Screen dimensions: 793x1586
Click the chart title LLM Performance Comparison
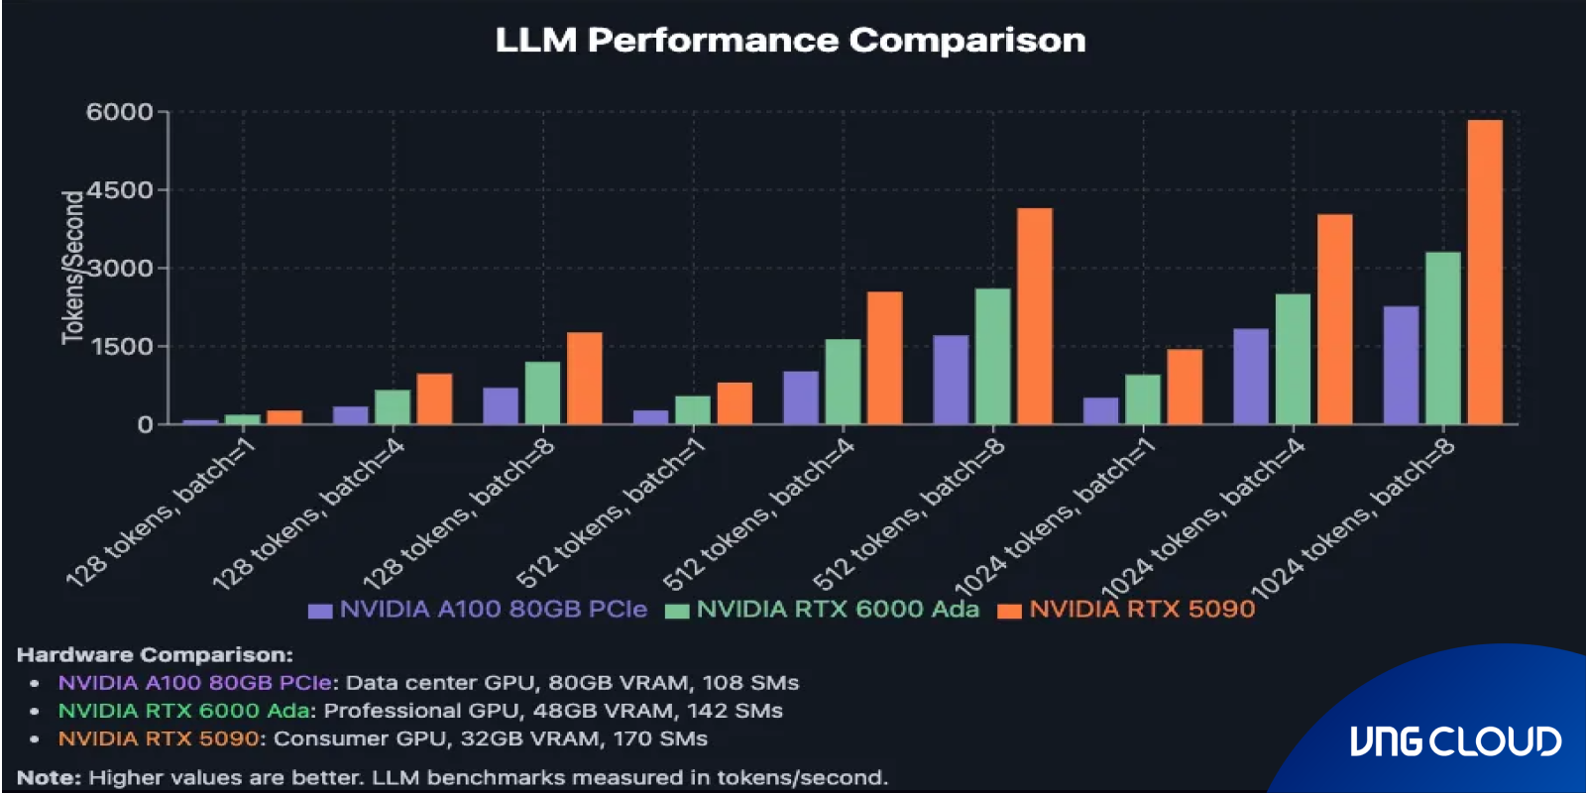790,41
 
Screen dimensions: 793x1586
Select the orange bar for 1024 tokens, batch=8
1484,272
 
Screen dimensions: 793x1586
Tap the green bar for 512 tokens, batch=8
992,356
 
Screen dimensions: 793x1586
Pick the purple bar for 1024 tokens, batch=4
1250,376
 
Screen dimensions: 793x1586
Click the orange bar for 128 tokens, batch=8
584,378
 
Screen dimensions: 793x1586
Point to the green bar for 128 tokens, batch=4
393,406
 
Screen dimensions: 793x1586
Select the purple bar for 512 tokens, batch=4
801,397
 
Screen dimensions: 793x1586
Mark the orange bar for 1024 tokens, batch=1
1184,387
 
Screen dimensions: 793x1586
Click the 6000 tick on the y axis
119,112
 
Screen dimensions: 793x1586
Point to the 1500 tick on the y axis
119,347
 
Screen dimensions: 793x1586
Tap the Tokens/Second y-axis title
73,268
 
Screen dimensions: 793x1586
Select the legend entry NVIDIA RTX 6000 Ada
838,610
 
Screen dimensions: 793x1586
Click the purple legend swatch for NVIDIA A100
319,611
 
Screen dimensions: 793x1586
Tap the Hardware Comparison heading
155,655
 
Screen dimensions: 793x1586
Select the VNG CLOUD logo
1454,741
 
